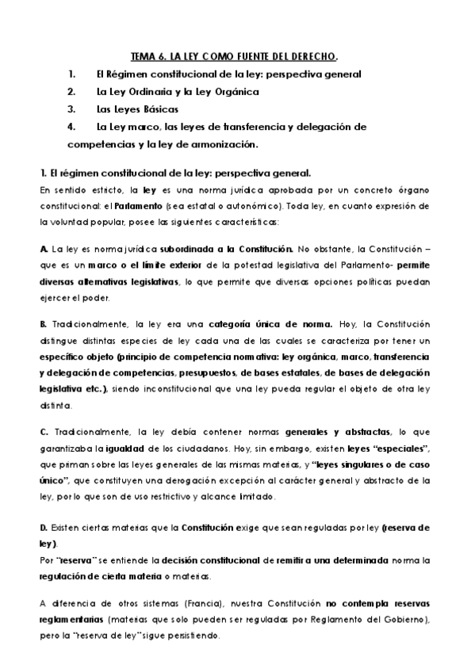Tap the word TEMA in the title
pos(143,56)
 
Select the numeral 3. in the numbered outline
pos(71,109)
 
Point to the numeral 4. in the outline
pos(71,126)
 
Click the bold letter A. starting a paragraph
pos(44,249)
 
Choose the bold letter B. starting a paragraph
pos(44,324)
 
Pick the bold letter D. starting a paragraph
pos(44,526)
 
